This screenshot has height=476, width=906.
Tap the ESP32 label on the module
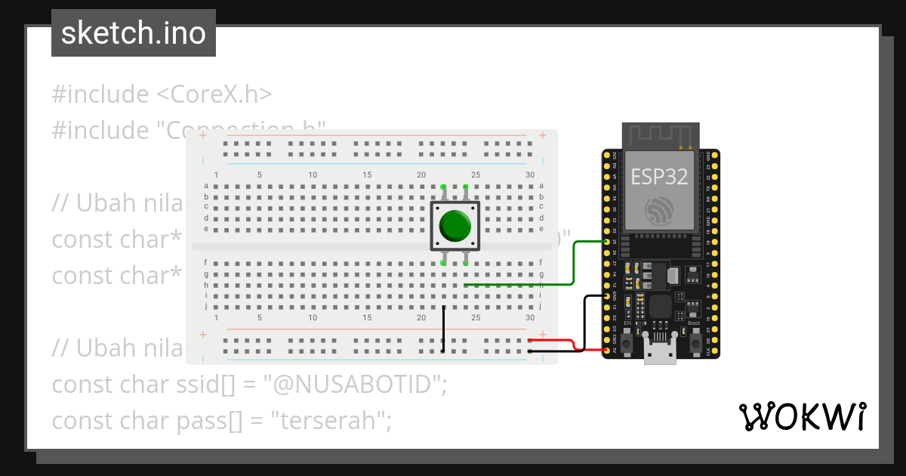coord(659,177)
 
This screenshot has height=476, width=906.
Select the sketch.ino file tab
coord(134,33)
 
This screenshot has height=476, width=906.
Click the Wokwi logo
coord(802,416)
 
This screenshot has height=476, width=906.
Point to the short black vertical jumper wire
coord(443,329)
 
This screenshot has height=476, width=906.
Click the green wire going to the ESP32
coord(574,264)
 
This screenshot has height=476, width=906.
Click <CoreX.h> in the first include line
coord(214,94)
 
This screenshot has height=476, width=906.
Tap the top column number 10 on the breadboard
coord(313,175)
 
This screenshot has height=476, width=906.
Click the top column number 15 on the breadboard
coord(367,175)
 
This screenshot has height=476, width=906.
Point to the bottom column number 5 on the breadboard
coord(259,317)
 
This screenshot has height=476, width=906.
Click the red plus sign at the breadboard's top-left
coord(202,135)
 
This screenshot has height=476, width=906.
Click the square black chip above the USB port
coord(659,307)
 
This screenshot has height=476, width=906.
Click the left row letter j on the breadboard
coord(206,307)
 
